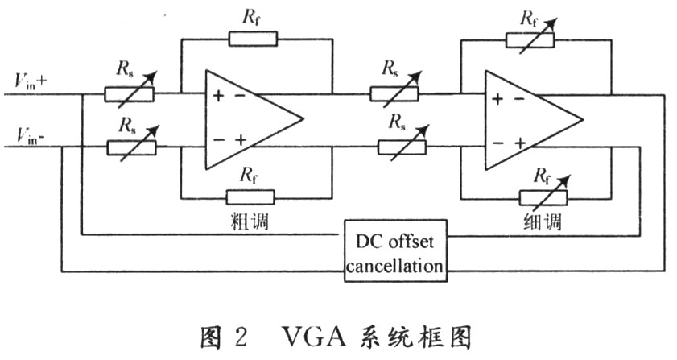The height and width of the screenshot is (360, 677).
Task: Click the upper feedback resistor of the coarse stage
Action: (x=253, y=38)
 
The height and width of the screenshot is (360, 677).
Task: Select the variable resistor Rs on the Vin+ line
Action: (x=129, y=94)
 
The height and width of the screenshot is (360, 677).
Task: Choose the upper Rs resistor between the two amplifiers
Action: (x=394, y=94)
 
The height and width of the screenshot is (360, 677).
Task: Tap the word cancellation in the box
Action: (x=394, y=265)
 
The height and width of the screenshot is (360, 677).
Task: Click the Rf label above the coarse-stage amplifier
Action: (x=252, y=15)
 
